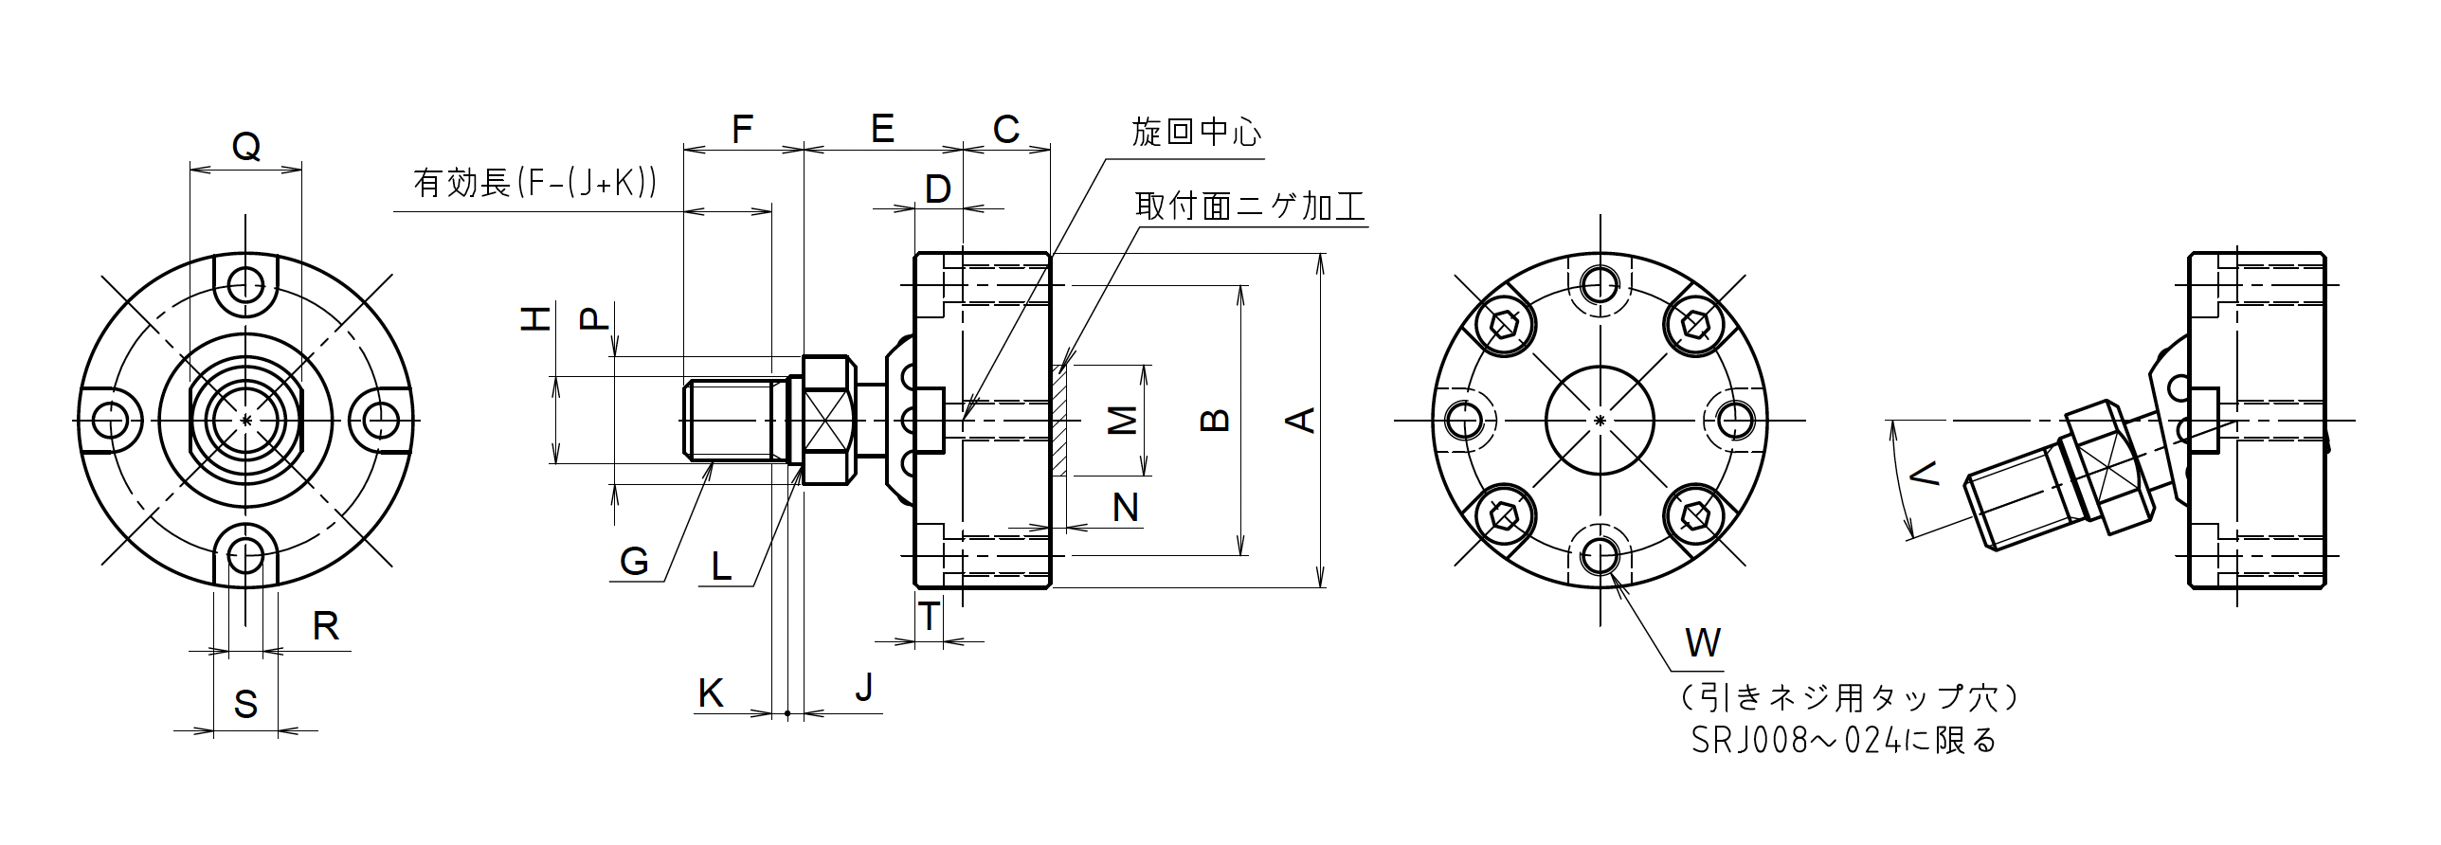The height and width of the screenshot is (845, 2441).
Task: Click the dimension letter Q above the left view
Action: tap(246, 147)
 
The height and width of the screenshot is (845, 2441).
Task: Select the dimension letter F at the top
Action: tap(742, 129)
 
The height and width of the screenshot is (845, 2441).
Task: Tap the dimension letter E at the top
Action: tap(882, 129)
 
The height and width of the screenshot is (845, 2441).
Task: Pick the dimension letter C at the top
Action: tap(1005, 129)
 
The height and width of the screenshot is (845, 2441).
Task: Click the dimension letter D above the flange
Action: tap(937, 189)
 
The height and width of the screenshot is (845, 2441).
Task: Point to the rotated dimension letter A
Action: tap(1304, 420)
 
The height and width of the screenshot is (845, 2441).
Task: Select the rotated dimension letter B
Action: tap(1215, 420)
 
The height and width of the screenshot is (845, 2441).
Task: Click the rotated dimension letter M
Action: tap(1123, 420)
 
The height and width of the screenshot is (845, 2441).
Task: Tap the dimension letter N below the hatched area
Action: tap(1125, 509)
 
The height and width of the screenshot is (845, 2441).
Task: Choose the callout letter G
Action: tap(634, 562)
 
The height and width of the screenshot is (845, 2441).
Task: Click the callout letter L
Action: tap(721, 566)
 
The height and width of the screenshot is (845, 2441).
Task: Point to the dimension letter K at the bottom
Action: tap(711, 693)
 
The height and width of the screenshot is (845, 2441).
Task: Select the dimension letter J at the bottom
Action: tap(863, 688)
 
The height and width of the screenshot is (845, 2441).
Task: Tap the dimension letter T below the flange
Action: tap(930, 617)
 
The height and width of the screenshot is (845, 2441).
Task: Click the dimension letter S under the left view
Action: tap(245, 705)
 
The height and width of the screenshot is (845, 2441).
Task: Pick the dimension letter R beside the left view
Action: tap(325, 626)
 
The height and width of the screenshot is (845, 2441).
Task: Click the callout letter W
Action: tap(1702, 643)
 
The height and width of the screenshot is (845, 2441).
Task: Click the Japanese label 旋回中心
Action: tap(1197, 133)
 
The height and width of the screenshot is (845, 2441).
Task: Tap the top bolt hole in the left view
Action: tap(246, 280)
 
